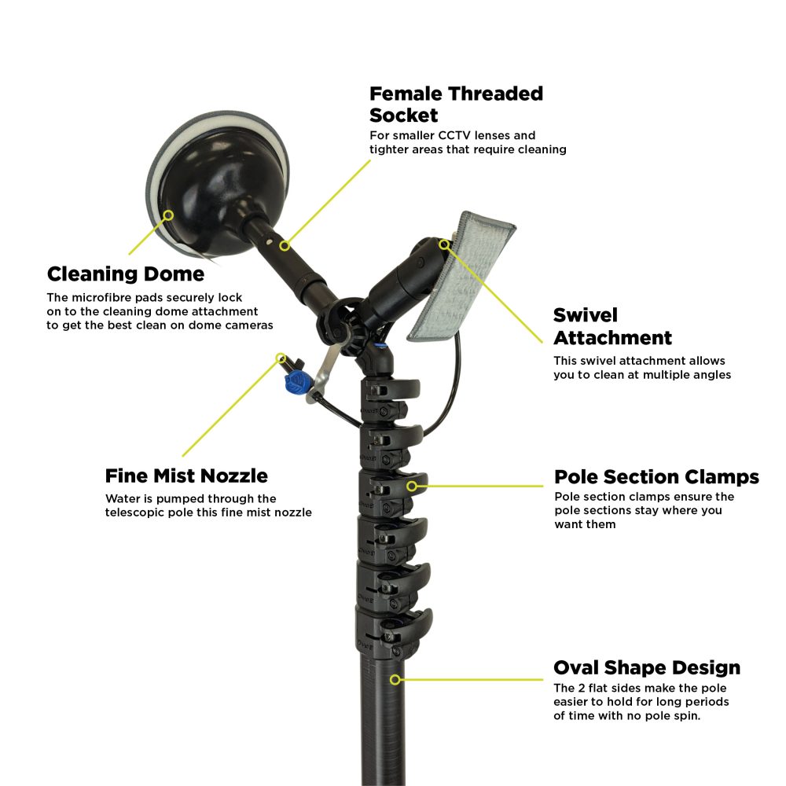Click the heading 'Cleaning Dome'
126,274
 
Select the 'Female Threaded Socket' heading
456,104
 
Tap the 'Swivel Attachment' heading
612,326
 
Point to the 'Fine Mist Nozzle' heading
186,476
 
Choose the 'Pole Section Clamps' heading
656,477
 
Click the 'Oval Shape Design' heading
647,668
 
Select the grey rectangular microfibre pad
460,279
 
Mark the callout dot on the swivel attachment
444,244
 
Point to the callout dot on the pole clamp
412,487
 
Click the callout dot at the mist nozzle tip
280,358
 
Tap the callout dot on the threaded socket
285,246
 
